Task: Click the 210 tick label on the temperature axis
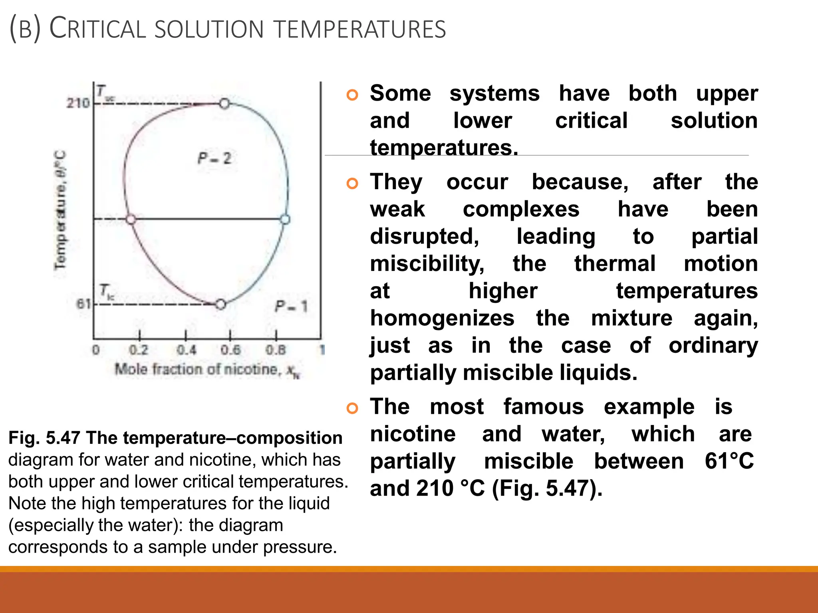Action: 78,103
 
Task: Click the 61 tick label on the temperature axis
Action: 83,305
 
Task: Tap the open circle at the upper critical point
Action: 224,104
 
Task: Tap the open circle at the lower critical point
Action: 220,305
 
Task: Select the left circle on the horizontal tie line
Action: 131,219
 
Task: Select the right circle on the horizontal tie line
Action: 285,219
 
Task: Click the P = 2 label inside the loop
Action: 214,158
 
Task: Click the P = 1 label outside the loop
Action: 291,306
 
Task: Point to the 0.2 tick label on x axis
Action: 139,350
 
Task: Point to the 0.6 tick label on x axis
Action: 230,350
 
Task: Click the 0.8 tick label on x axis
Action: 276,350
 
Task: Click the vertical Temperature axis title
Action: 60,210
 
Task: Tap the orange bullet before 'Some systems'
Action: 352,95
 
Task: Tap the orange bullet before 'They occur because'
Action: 352,184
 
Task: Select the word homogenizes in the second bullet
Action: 442,318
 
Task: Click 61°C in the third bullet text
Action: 729,461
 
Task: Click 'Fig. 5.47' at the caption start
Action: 44,438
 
